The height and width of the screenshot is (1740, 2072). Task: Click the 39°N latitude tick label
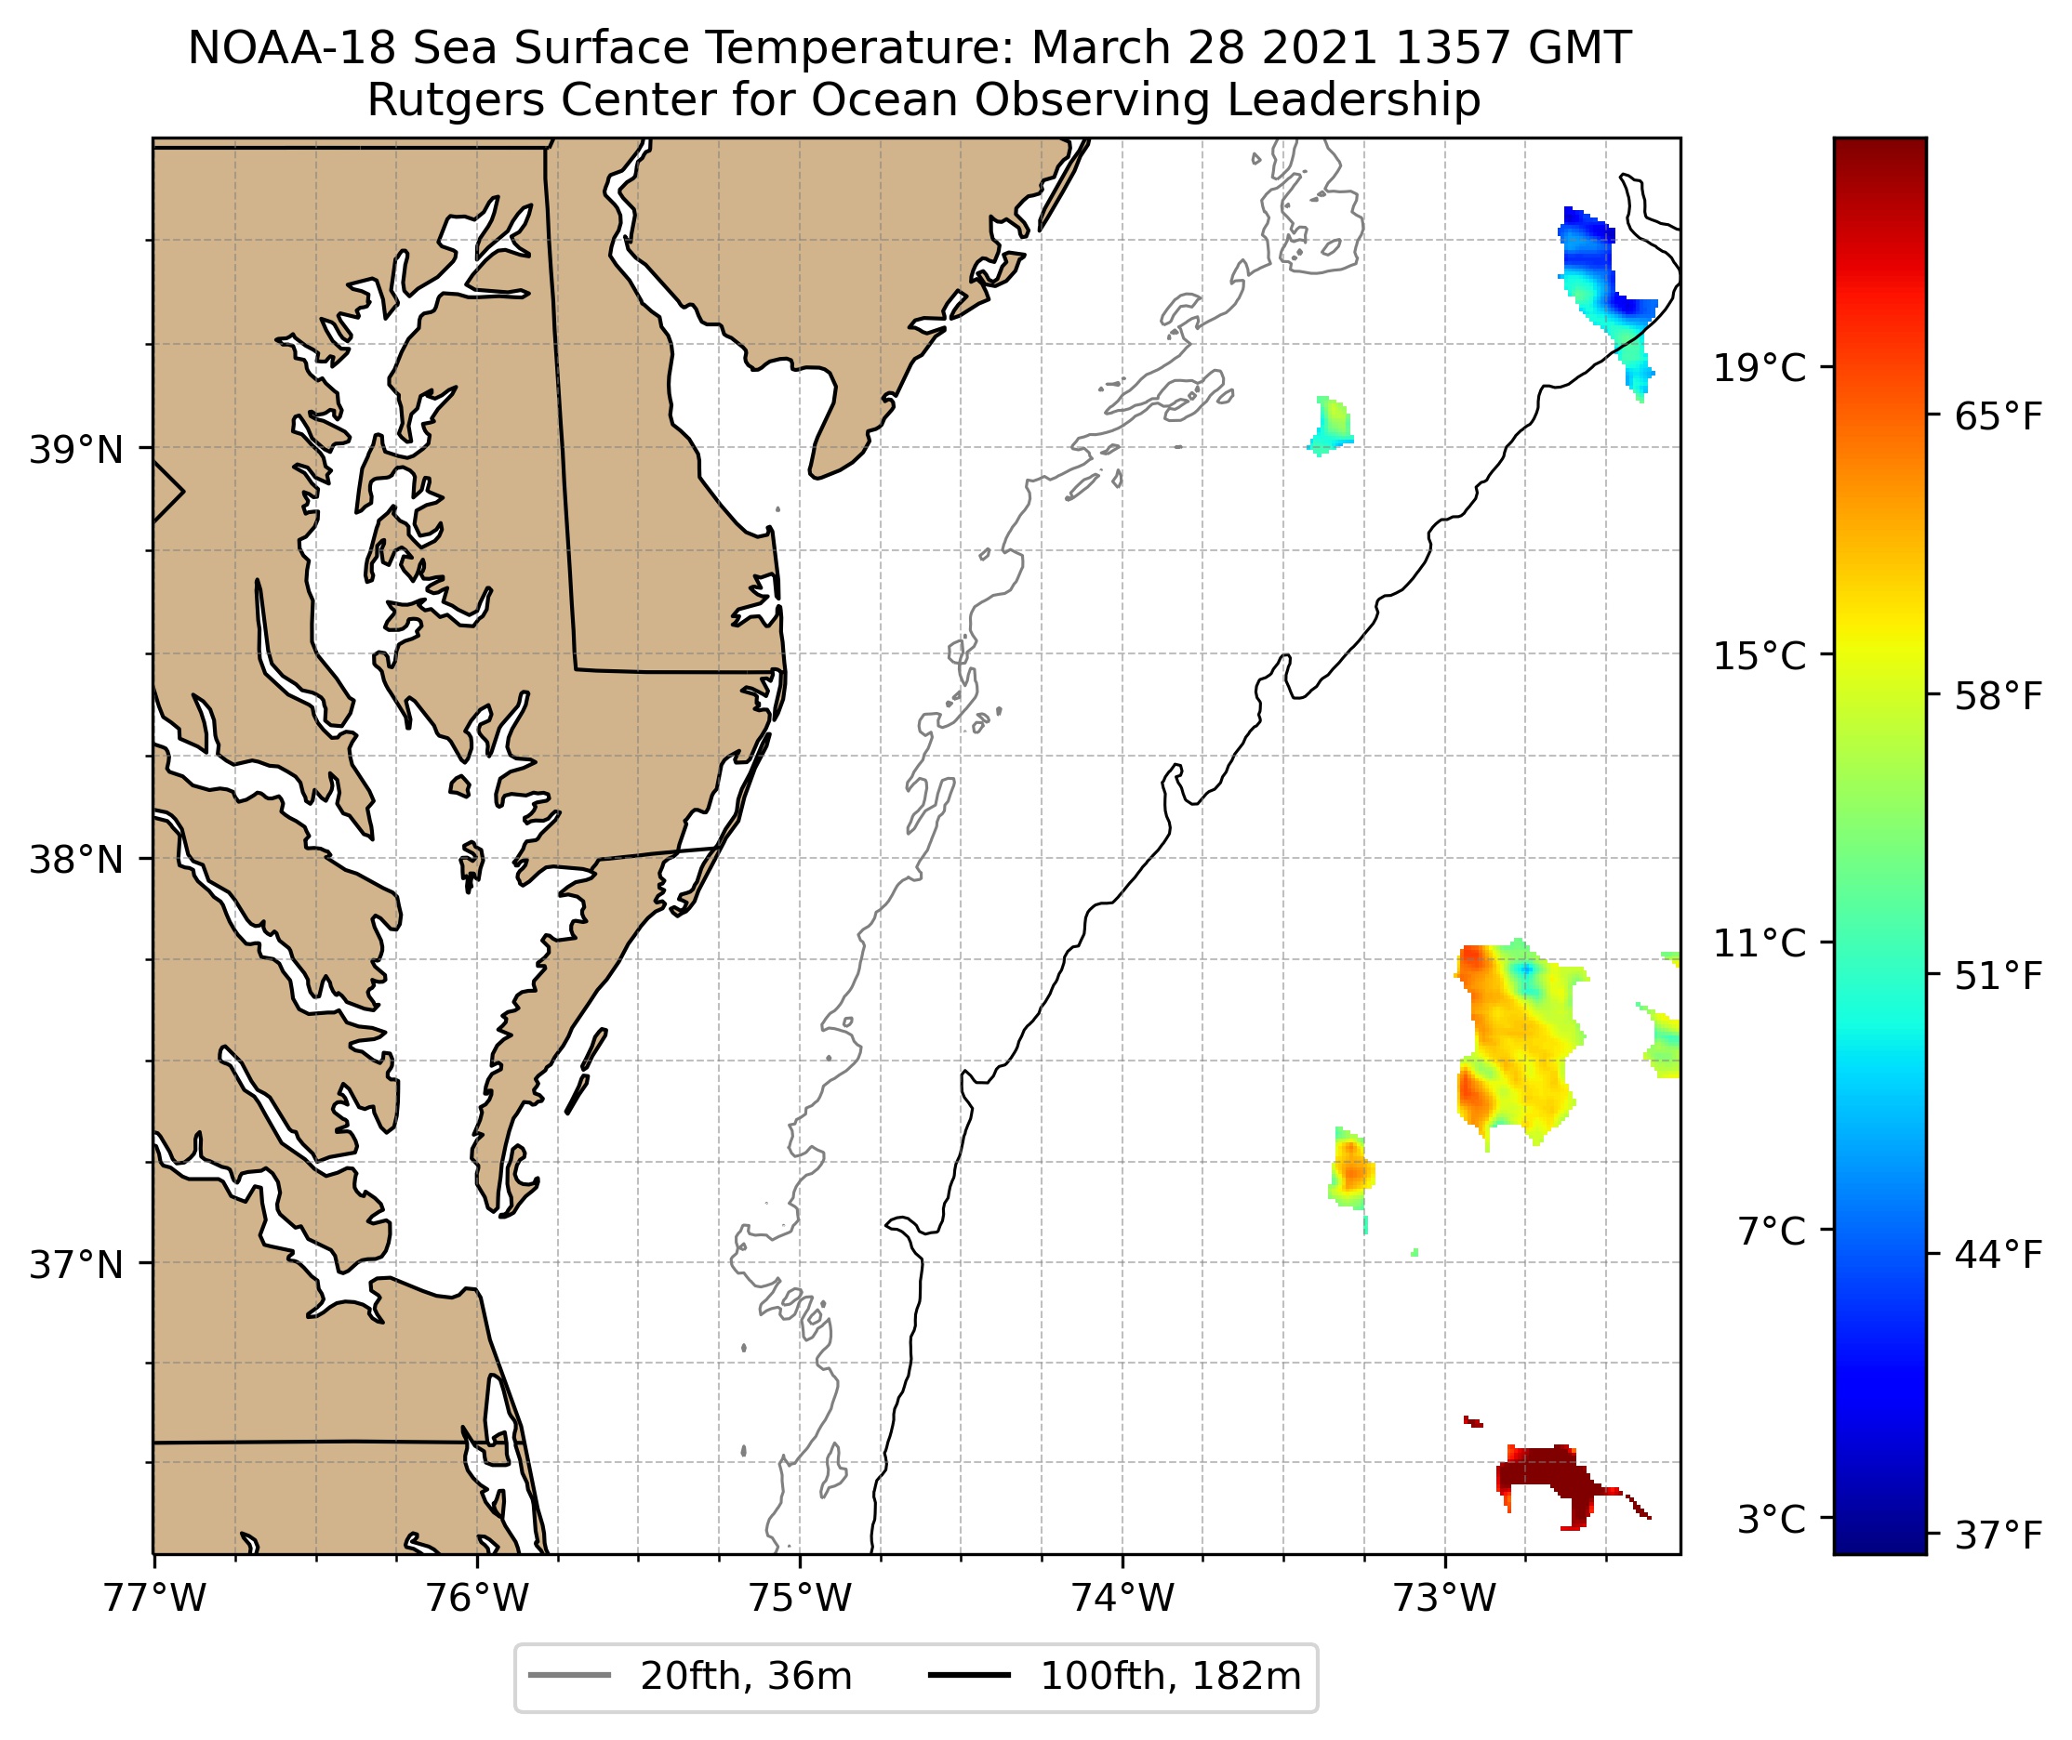click(x=76, y=451)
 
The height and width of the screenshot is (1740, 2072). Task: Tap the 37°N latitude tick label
click(x=76, y=1264)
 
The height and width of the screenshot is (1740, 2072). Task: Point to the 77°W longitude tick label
click(x=154, y=1597)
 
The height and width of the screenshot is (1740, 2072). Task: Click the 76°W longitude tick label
click(x=478, y=1597)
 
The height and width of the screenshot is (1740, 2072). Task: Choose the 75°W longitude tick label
click(x=800, y=1597)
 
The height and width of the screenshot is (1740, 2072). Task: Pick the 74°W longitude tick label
click(x=1122, y=1597)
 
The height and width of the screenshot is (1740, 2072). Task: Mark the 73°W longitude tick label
click(x=1445, y=1597)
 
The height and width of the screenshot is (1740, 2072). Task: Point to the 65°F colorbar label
click(x=1998, y=417)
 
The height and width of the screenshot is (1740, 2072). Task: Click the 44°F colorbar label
click(x=1998, y=1256)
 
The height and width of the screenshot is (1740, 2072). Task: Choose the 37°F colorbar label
click(x=1998, y=1536)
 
